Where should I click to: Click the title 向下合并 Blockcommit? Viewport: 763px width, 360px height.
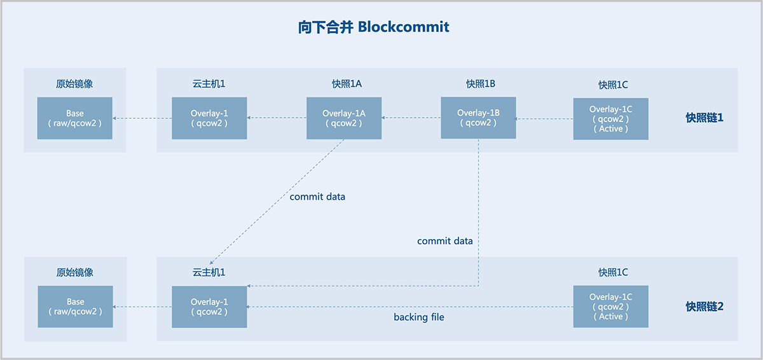coord(373,27)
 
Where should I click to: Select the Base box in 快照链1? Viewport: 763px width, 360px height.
coord(74,118)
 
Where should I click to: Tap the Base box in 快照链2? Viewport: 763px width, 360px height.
coord(75,307)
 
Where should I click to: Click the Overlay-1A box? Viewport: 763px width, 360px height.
coord(343,118)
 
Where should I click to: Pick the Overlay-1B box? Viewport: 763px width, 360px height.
coord(478,118)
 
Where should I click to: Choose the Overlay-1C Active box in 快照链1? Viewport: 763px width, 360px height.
coord(610,119)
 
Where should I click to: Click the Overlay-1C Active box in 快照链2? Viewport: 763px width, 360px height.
coord(610,307)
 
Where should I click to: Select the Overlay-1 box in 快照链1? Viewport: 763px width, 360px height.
coord(209,118)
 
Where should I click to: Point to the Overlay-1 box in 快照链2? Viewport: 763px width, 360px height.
coord(209,307)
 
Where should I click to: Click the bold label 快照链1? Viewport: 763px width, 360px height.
coord(705,118)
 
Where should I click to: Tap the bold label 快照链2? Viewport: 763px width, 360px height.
coord(705,307)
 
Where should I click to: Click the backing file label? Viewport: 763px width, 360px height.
coord(418,317)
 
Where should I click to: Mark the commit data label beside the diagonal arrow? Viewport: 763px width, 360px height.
coord(317,197)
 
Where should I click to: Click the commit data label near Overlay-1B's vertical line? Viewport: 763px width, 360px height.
coord(445,241)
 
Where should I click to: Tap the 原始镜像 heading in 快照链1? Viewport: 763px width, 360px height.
coord(75,83)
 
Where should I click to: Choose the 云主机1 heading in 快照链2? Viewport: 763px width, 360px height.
coord(209,272)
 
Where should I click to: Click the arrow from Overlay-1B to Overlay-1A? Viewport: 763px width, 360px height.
coord(411,118)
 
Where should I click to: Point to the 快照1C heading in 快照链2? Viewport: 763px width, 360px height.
coord(613,272)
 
